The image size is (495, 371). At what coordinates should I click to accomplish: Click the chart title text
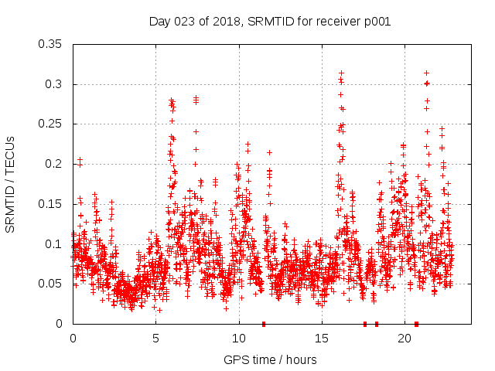269,22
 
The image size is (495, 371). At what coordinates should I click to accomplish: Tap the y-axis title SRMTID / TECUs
11,184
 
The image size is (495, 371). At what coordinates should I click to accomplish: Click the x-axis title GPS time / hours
269,359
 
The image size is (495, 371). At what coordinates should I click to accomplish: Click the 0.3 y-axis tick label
54,84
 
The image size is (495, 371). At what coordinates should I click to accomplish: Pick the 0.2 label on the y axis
54,164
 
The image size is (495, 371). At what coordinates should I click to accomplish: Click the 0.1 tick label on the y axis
54,243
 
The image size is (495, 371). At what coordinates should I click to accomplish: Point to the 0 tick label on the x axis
73,339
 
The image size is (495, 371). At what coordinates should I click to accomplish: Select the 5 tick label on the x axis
155,339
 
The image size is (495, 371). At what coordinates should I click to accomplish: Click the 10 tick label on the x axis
239,339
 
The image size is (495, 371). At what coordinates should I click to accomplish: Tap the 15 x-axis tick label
322,339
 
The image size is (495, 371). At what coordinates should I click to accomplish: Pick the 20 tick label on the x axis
405,339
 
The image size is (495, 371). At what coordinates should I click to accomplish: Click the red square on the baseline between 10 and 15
264,324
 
